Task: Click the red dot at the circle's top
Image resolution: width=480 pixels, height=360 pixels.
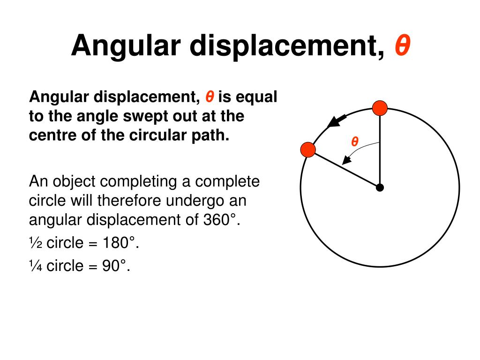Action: coord(380,109)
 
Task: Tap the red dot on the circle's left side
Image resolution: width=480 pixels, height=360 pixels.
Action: coord(308,150)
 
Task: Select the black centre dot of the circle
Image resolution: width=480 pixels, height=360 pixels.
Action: coord(380,188)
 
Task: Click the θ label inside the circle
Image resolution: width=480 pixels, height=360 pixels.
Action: coord(355,142)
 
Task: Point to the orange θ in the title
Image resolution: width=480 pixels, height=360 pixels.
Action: coord(402,46)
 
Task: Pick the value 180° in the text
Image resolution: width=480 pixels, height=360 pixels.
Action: coord(121,243)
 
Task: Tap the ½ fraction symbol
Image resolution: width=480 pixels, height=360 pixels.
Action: coord(36,243)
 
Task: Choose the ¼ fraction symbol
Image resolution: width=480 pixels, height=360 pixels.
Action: coord(36,266)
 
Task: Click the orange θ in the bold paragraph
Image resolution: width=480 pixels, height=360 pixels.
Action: coord(210,97)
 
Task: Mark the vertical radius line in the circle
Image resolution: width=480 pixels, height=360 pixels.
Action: coord(380,150)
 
